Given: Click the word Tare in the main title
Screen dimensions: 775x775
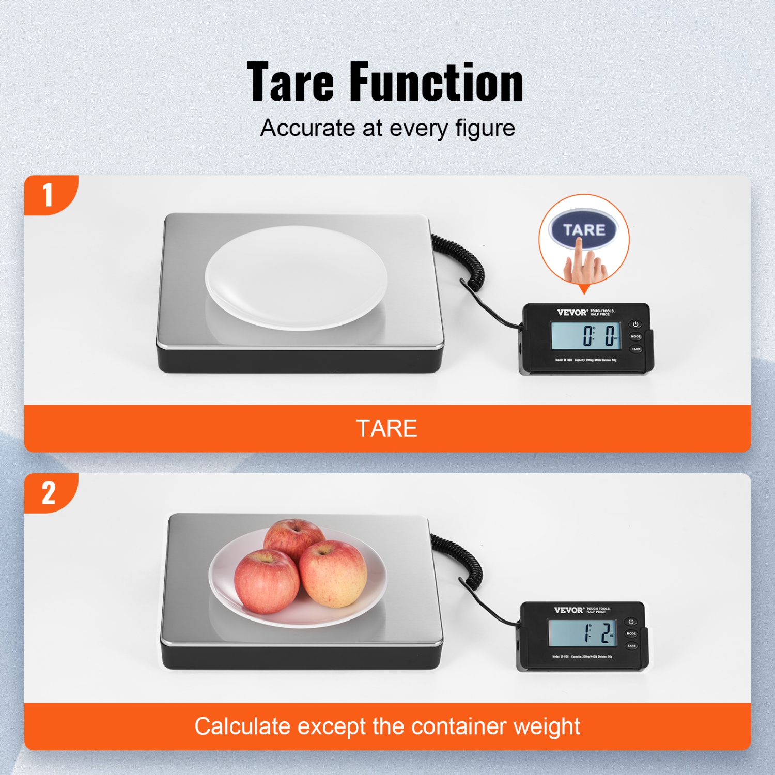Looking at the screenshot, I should click(x=290, y=83).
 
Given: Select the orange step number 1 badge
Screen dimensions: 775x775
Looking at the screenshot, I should click(x=49, y=195).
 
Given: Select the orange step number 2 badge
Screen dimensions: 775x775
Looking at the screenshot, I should click(x=49, y=493).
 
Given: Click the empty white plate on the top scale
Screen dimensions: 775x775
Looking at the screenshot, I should click(x=296, y=278).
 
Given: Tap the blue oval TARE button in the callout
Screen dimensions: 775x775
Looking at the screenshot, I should click(x=584, y=230).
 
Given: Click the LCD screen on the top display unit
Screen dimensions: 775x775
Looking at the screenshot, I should click(x=586, y=336).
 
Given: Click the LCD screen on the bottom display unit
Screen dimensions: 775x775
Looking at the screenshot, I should click(x=582, y=633).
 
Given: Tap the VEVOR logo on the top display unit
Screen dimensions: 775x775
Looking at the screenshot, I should click(x=572, y=313).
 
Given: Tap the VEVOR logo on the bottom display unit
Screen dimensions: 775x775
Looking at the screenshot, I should click(x=569, y=610).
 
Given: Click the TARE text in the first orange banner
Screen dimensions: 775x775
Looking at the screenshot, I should click(x=387, y=428).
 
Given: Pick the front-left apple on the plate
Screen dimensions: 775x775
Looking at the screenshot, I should click(x=267, y=581).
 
